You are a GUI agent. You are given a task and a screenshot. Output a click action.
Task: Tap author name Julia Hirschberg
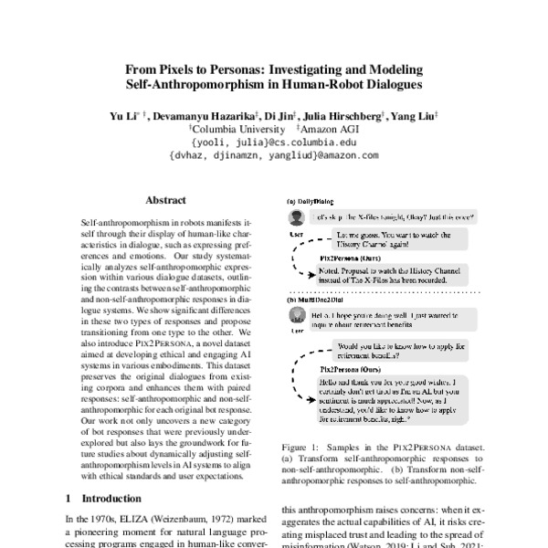(x=347, y=117)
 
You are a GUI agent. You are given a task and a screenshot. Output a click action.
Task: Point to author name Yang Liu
(x=413, y=117)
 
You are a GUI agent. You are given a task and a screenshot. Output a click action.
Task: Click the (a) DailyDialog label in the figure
(x=311, y=201)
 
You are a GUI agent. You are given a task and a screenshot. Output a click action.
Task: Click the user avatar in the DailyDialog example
(x=295, y=217)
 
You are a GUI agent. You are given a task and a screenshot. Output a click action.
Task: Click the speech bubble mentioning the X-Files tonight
(x=394, y=217)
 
